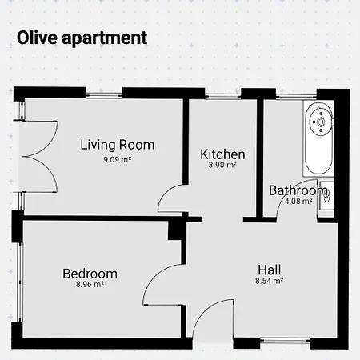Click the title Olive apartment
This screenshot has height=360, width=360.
pyautogui.click(x=82, y=38)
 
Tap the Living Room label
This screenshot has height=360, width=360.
pyautogui.click(x=118, y=145)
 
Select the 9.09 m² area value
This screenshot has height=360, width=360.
pyautogui.click(x=118, y=160)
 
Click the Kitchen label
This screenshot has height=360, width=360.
pyautogui.click(x=222, y=154)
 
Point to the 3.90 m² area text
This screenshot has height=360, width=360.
pyautogui.click(x=222, y=165)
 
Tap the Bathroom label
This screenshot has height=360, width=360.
pyautogui.click(x=298, y=190)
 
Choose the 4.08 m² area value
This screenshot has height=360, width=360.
pyautogui.click(x=298, y=201)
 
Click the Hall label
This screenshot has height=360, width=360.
pyautogui.click(x=269, y=270)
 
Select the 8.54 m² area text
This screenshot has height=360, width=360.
pyautogui.click(x=269, y=281)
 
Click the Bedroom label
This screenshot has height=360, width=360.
pyautogui.click(x=90, y=274)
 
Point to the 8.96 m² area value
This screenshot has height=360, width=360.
pyautogui.click(x=90, y=284)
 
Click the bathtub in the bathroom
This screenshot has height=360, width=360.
pyautogui.click(x=318, y=138)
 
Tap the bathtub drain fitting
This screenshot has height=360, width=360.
pyautogui.click(x=321, y=122)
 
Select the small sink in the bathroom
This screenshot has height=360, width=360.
pyautogui.click(x=326, y=196)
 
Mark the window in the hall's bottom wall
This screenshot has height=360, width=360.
pyautogui.click(x=285, y=340)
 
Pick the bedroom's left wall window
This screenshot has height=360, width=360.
pyautogui.click(x=20, y=282)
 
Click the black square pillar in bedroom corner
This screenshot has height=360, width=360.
pyautogui.click(x=176, y=230)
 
